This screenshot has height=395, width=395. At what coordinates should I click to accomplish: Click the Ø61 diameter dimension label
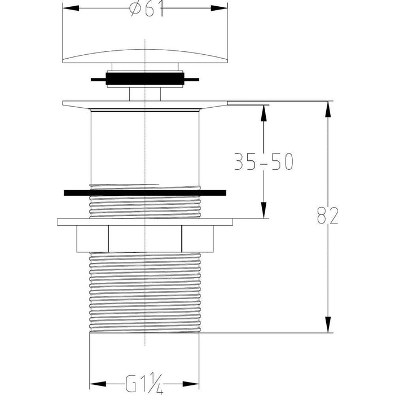(x=146, y=8)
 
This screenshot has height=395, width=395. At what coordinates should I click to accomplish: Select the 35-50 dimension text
(x=264, y=161)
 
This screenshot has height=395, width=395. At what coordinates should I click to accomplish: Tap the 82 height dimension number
(x=327, y=216)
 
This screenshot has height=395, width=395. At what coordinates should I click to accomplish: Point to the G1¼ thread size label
(x=144, y=384)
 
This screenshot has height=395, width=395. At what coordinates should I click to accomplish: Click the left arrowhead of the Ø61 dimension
(x=71, y=8)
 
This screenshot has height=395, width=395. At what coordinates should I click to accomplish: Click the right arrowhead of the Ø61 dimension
(x=219, y=8)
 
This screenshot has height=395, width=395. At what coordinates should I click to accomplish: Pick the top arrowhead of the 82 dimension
(x=328, y=109)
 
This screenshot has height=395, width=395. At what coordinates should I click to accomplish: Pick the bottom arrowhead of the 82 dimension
(x=328, y=324)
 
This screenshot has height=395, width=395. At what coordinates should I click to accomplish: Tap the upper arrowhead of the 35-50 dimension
(x=264, y=113)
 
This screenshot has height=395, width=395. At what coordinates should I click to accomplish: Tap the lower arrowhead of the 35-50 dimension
(x=264, y=210)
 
